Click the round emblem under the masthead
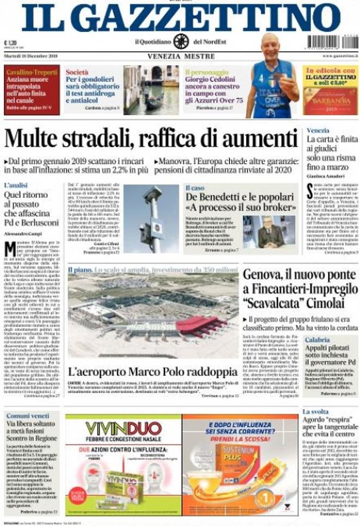[x=181, y=42]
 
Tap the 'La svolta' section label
[x=315, y=412]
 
